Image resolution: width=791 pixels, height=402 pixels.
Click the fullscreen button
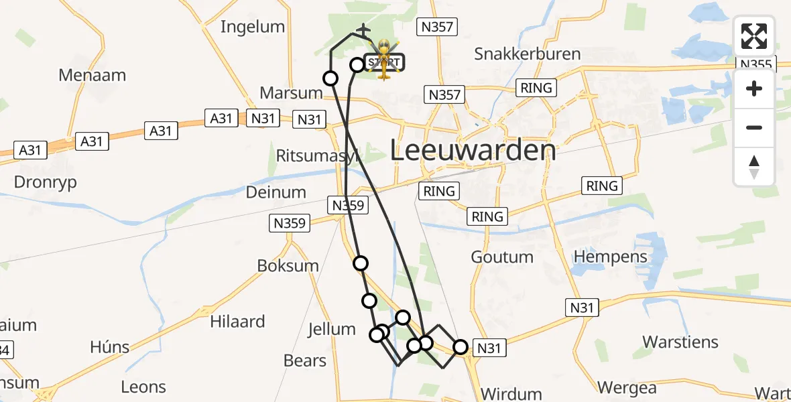click(754, 36)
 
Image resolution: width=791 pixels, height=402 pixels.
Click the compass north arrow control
click(754, 167)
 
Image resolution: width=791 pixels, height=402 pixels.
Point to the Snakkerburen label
click(527, 54)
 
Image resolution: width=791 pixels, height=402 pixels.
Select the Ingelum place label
click(253, 27)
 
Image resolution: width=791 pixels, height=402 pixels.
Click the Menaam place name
click(92, 75)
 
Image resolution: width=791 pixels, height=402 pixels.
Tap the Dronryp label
click(45, 182)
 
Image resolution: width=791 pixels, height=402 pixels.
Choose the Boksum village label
click(288, 265)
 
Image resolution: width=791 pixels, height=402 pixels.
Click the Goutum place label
click(502, 257)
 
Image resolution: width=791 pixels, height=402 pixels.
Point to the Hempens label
click(611, 257)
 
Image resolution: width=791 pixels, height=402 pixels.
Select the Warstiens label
click(680, 342)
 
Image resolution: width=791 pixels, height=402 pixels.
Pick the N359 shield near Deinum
click(289, 223)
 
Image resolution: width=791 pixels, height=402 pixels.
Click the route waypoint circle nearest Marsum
click(330, 78)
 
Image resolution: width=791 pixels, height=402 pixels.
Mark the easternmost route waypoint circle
click(461, 347)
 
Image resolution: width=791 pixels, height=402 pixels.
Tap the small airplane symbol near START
click(363, 31)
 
